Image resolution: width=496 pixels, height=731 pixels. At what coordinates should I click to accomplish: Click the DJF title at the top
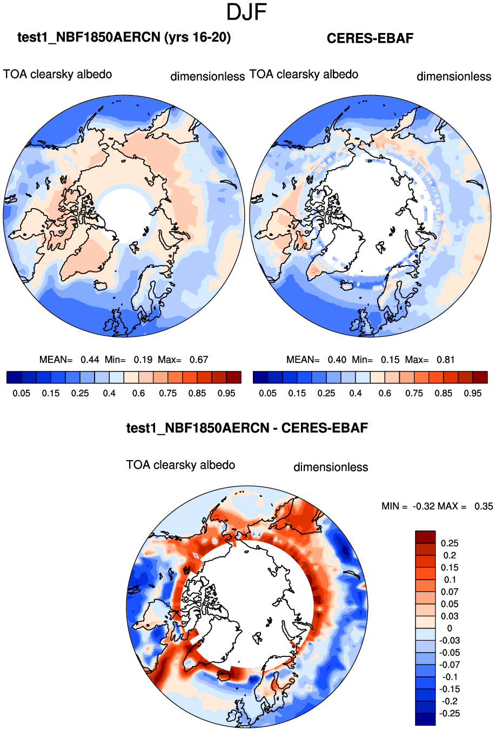pos(247,12)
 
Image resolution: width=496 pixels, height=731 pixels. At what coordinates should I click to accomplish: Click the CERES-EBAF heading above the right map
pos(370,38)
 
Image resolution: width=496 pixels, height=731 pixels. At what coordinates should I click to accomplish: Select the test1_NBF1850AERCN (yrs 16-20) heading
pos(124,37)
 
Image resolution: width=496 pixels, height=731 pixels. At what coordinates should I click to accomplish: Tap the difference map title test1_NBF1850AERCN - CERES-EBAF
pos(247,428)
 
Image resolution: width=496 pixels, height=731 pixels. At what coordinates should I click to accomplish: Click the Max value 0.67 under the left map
pos(198,360)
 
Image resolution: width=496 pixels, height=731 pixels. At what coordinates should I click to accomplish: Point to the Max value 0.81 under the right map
pos(445,360)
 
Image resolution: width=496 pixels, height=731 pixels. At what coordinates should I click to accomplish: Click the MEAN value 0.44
pos(90,360)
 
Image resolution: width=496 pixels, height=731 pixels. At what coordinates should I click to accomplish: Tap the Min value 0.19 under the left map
pos(143,360)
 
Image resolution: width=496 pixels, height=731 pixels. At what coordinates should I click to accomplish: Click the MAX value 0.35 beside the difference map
pos(484,507)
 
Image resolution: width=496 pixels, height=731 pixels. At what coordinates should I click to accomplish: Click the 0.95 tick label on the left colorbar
pos(226,394)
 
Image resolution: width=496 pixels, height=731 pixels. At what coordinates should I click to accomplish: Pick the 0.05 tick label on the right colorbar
pos(268,394)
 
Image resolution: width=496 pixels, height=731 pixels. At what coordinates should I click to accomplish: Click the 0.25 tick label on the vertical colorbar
pos(450,543)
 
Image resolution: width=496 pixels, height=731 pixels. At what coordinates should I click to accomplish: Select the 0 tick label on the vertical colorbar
pos(450,629)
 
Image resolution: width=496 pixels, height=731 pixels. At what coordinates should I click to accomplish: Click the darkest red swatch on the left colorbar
pos(233,377)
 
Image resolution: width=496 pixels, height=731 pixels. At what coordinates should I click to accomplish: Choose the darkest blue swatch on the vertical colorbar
pos(425,719)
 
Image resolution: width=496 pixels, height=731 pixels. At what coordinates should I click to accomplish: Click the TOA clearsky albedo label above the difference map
pos(180,466)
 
